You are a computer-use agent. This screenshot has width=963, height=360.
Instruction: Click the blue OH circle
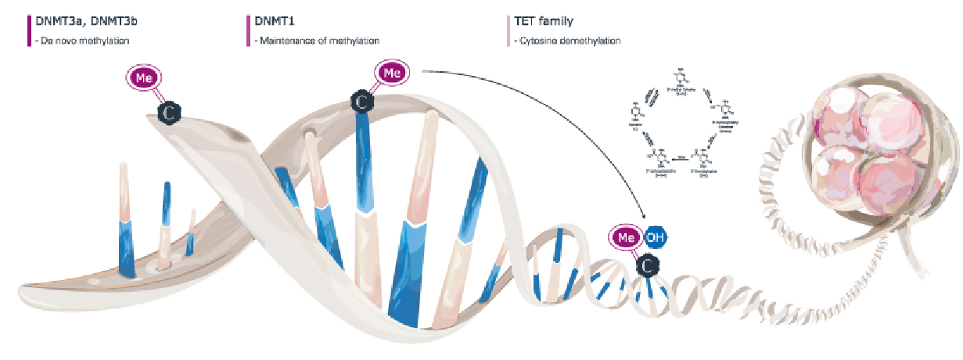[653, 238]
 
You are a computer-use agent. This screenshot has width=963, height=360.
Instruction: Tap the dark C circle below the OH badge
[647, 267]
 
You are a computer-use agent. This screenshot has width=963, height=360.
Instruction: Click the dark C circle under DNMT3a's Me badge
[169, 113]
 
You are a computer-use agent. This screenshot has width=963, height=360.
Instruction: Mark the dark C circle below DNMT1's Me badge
[361, 102]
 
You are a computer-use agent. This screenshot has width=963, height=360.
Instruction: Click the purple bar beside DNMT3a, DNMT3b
[29, 29]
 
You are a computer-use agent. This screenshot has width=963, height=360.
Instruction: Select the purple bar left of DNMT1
[248, 29]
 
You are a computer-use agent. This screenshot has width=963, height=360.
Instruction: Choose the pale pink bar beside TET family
[511, 29]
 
